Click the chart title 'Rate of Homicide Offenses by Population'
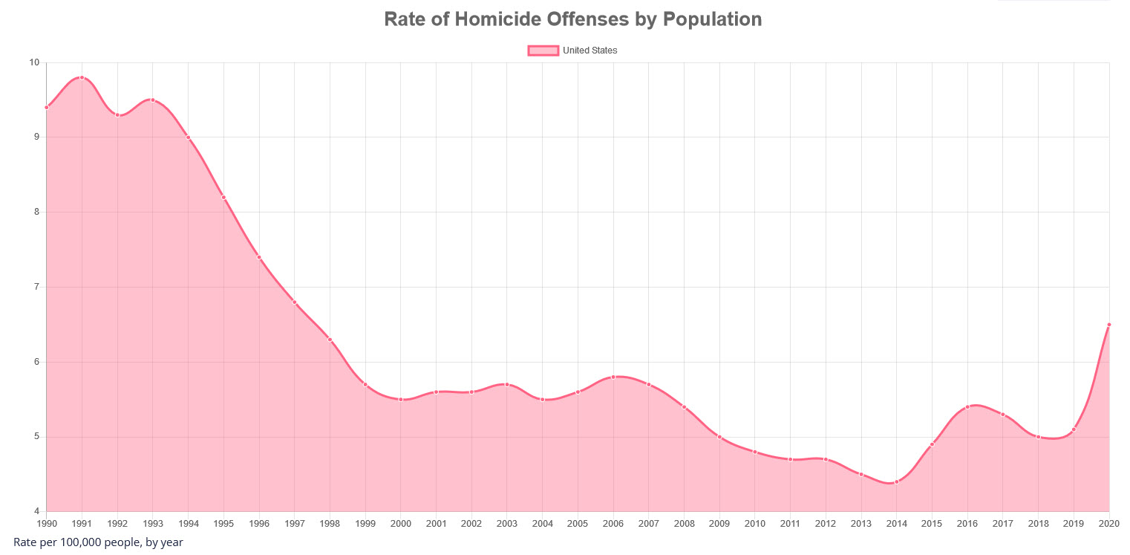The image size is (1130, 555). (572, 19)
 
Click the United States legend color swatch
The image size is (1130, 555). (543, 51)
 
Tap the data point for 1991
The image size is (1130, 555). (82, 77)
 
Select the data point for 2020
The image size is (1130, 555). (1108, 325)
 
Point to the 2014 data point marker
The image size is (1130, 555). (896, 482)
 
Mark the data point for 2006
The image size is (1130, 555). (613, 377)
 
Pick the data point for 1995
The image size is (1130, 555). (223, 198)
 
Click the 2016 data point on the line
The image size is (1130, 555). (967, 407)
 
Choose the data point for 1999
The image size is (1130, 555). (365, 385)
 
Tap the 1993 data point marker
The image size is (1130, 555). (152, 100)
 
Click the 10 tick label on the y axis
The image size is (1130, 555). (34, 62)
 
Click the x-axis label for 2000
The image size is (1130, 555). (401, 524)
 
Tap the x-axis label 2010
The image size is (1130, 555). (754, 524)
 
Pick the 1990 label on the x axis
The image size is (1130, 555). (46, 524)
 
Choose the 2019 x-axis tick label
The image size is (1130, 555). (1074, 524)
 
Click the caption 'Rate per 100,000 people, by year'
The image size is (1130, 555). (98, 542)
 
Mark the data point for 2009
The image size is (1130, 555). (719, 437)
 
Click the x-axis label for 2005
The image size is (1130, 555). (578, 524)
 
